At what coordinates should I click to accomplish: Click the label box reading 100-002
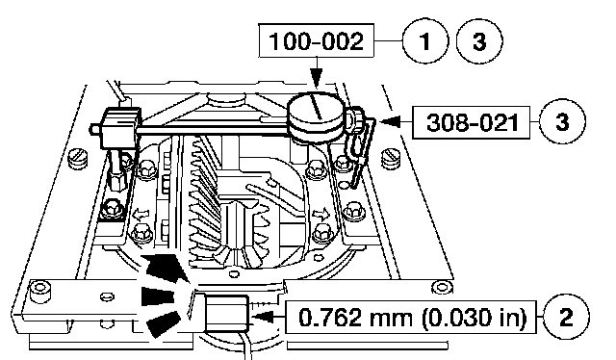tap(317, 40)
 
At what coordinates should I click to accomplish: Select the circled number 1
tap(425, 40)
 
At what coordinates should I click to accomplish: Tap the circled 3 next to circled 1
tap(479, 40)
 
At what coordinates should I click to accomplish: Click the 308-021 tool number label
tap(471, 122)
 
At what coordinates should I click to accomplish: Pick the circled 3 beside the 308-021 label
tap(562, 122)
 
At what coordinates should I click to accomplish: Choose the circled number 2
tap(566, 317)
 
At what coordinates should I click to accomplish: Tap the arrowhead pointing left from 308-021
tap(390, 121)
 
